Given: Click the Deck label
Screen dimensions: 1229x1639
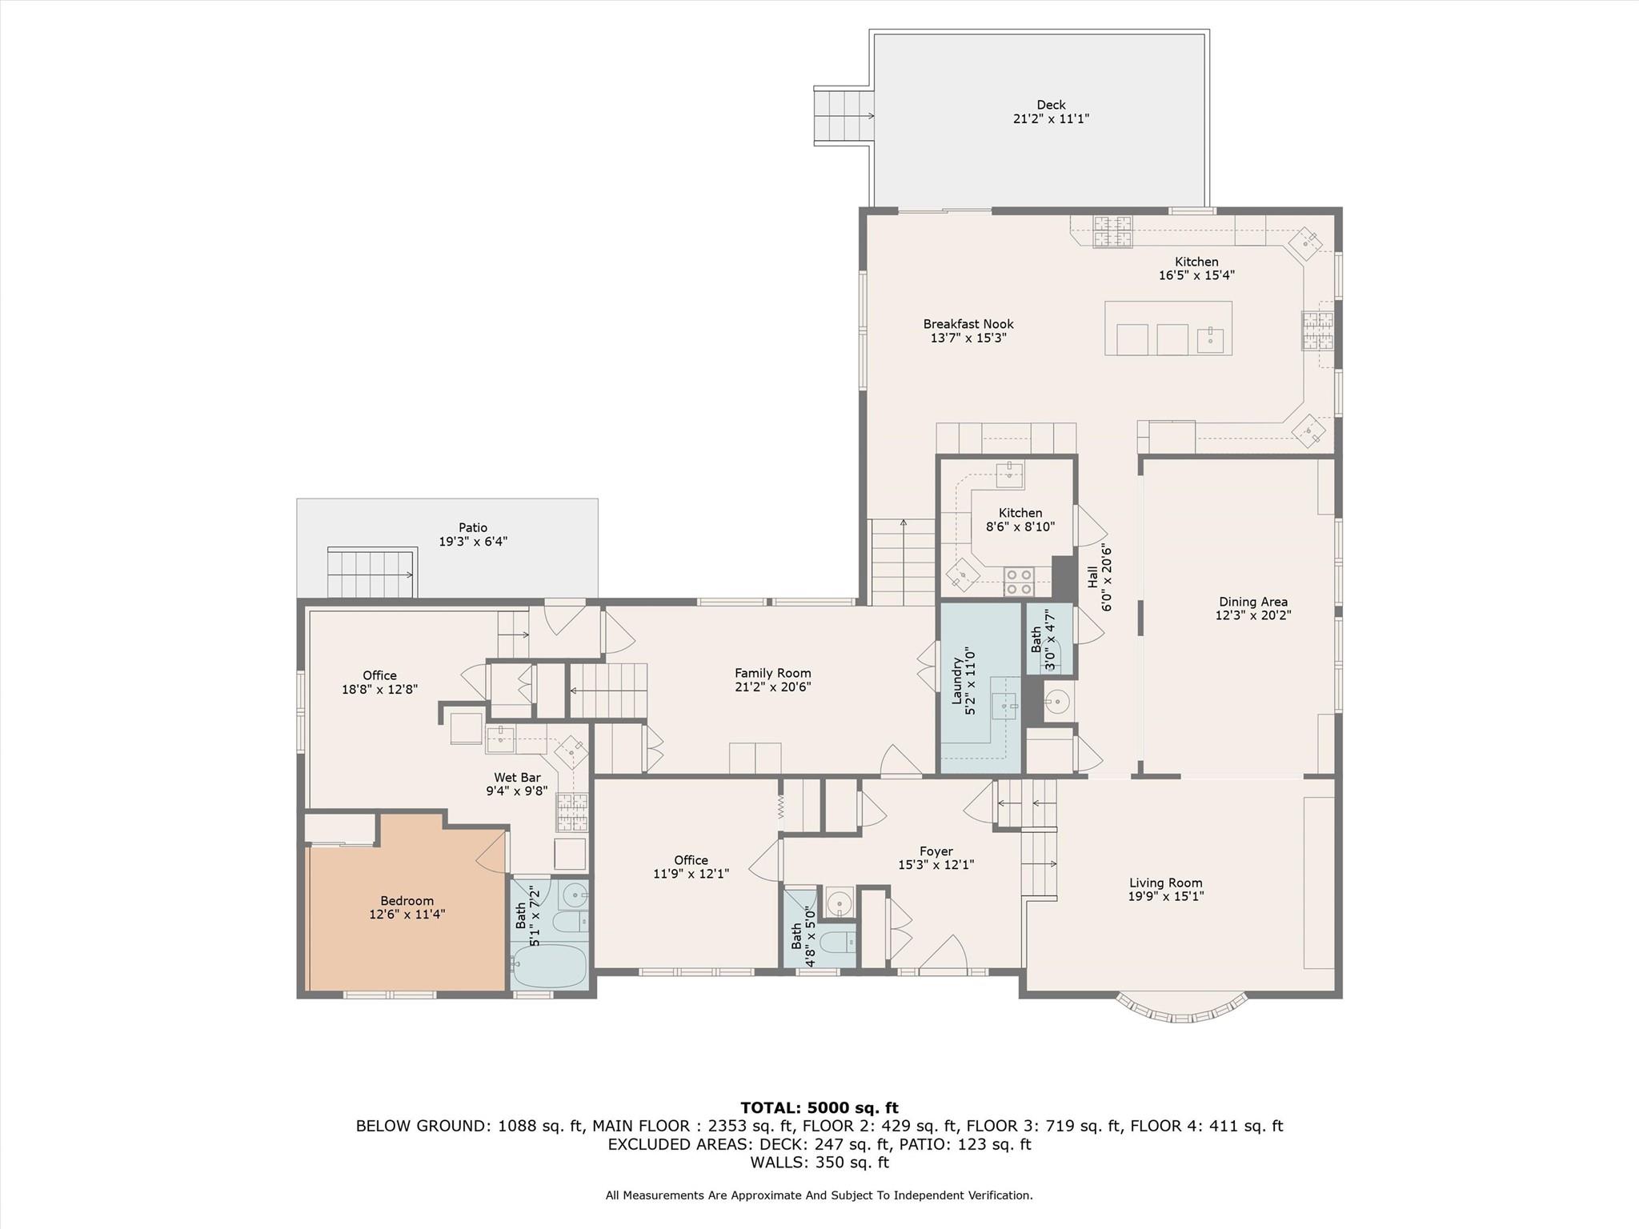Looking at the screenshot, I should (1051, 105).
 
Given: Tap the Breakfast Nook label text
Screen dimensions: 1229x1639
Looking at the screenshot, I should (968, 324).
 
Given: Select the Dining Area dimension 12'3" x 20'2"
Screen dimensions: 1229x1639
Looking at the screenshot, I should (1252, 615).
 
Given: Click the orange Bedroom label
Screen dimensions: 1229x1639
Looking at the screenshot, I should (407, 901).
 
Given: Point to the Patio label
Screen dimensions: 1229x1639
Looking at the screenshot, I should (473, 528).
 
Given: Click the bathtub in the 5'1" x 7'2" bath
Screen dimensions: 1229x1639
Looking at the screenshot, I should (550, 966).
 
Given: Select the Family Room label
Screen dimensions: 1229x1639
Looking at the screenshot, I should (773, 674).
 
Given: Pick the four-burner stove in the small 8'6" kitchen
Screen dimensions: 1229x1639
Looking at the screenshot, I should (1019, 582).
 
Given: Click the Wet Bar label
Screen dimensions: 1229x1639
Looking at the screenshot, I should (517, 778).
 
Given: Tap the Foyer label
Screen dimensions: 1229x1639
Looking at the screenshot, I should (936, 851).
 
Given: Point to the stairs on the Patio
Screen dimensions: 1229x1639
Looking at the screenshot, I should (372, 573).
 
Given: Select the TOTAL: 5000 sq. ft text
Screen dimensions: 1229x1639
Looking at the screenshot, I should (819, 1108).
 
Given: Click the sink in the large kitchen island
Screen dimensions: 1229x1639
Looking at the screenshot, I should (1210, 340).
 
